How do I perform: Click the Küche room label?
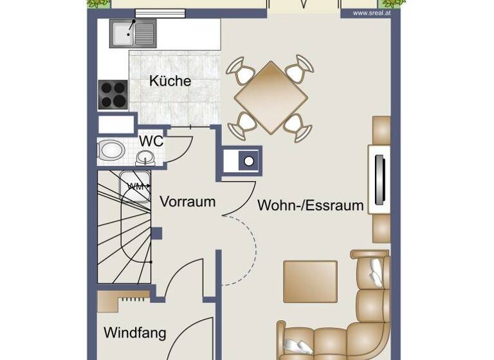(x=170, y=82)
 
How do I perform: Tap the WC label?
(x=151, y=141)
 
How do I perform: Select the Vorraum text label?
(x=187, y=201)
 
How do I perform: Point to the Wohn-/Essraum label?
(x=311, y=206)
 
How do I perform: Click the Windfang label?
(x=135, y=333)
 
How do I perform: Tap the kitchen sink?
(x=132, y=33)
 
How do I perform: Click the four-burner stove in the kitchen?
(x=113, y=94)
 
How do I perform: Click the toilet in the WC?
(x=111, y=151)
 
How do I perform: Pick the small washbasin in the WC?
(x=146, y=157)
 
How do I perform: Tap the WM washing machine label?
(x=135, y=186)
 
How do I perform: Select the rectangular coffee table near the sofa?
(x=310, y=281)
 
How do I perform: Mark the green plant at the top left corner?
(x=98, y=4)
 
